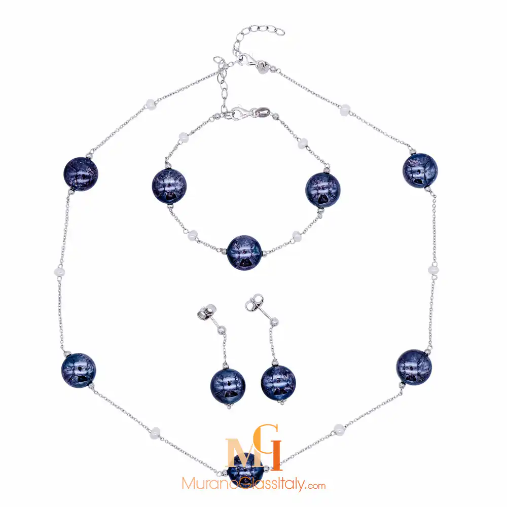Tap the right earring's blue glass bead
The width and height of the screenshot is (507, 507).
(278, 382)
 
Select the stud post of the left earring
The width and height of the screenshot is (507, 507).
(208, 311)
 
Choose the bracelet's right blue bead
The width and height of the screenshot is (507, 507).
(323, 190)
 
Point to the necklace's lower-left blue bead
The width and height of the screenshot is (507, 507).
(79, 370)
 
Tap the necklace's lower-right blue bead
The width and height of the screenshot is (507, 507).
(414, 367)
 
